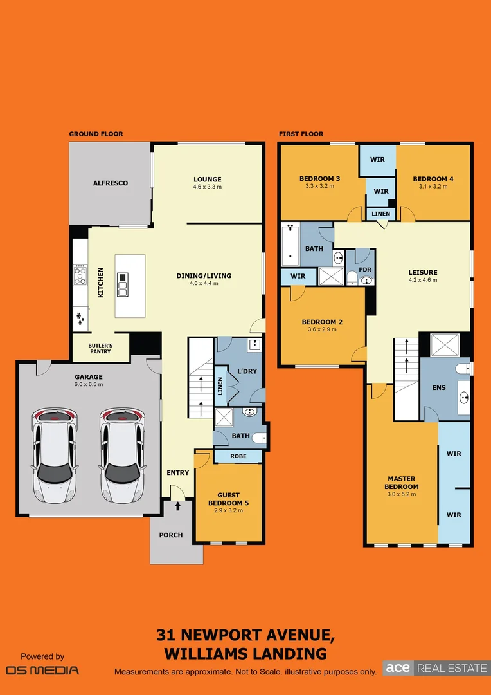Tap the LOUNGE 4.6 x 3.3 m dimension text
click(x=207, y=187)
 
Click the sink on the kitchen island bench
click(x=123, y=284)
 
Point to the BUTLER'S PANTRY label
click(x=100, y=348)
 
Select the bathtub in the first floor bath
click(x=290, y=245)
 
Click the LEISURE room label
click(x=422, y=272)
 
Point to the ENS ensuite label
click(x=439, y=388)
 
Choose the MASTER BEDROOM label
click(x=402, y=483)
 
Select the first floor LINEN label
click(x=380, y=213)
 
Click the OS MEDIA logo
click(x=42, y=670)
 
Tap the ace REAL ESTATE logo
click(x=436, y=668)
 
